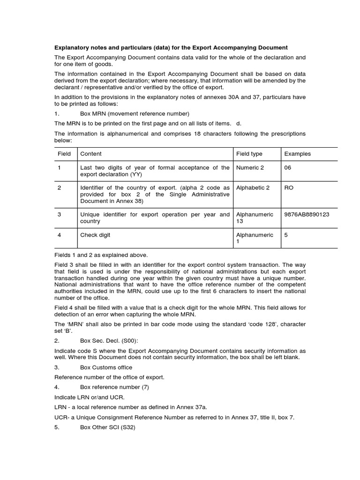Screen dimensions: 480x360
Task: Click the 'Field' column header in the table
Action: (x=64, y=154)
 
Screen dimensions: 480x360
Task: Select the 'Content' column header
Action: (x=91, y=154)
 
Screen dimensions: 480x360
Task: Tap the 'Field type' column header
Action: (x=249, y=154)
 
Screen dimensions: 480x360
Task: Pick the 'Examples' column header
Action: (x=297, y=154)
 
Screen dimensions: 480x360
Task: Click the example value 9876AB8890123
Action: (x=307, y=214)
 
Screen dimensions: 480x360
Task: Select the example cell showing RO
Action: (x=289, y=187)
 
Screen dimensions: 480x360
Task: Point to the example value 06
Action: (x=288, y=167)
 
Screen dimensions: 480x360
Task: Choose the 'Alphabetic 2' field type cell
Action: (x=253, y=187)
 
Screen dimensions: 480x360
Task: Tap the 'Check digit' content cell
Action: (x=95, y=235)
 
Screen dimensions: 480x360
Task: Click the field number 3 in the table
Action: (x=60, y=214)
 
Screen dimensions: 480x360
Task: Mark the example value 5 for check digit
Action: (x=286, y=235)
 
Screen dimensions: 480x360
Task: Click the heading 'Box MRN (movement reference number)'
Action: (x=135, y=113)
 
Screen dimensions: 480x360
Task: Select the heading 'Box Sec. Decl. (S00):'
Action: (x=110, y=341)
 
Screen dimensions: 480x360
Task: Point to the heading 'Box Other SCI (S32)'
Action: (x=108, y=427)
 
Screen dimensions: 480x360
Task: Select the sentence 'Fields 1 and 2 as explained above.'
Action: (x=101, y=255)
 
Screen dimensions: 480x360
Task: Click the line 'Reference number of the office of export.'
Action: (x=110, y=377)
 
